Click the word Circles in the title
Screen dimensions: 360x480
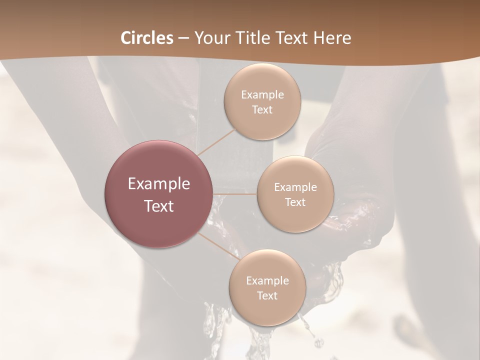point(147,38)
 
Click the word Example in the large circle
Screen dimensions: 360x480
point(159,184)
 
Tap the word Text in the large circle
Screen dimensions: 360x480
point(159,206)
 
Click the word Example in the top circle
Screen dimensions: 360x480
point(262,95)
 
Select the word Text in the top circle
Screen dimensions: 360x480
point(262,110)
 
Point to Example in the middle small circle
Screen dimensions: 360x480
point(295,187)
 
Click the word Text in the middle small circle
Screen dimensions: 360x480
point(295,202)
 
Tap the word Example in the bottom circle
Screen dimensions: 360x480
point(267,281)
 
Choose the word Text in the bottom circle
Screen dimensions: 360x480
point(267,296)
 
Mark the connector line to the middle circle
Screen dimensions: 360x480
point(235,194)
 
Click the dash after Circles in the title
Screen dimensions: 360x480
point(183,38)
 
